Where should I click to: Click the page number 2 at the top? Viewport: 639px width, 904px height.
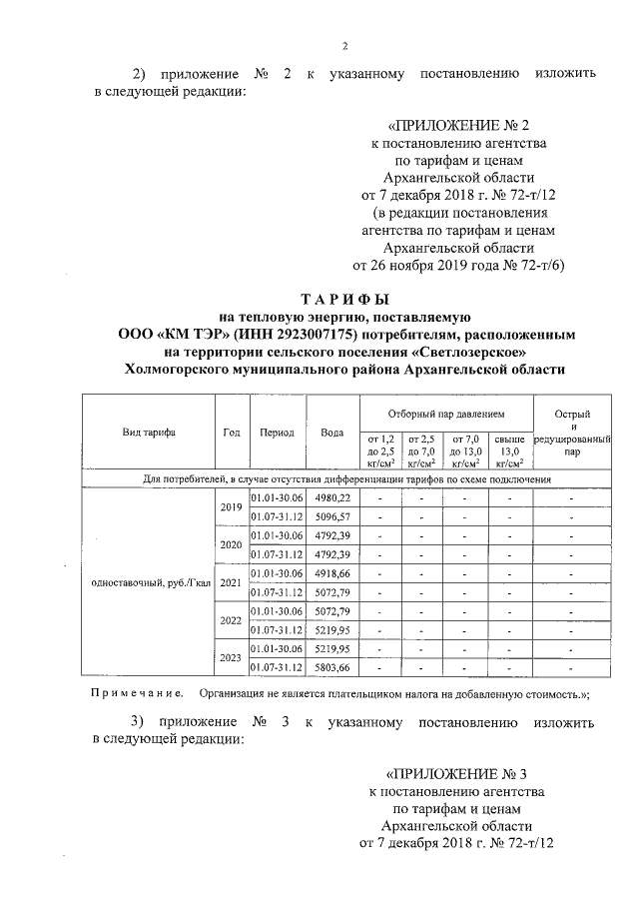point(344,46)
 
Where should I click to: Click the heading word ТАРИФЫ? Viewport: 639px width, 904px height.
point(344,299)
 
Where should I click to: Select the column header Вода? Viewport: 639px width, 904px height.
point(331,433)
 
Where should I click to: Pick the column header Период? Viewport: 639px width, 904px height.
point(277,433)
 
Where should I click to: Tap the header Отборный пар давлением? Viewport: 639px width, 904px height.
point(445,413)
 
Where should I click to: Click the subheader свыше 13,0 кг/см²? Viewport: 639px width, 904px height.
point(509,451)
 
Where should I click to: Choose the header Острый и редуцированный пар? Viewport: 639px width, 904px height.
point(571,433)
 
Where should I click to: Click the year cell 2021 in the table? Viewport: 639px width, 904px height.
point(231,582)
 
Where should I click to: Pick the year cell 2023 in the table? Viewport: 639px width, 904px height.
point(231,658)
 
